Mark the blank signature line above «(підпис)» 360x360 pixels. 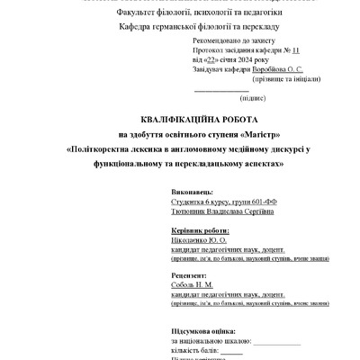pos(221,89)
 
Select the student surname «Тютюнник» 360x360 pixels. pos(192,212)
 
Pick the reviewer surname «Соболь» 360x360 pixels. pos(183,284)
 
